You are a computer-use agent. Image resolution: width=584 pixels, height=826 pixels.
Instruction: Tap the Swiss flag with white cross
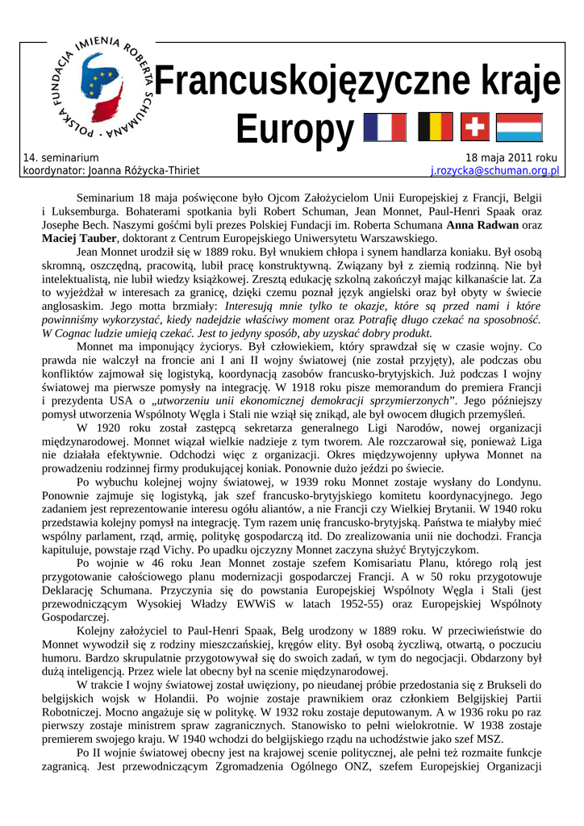475,127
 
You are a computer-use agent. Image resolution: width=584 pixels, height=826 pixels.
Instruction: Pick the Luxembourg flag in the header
519,127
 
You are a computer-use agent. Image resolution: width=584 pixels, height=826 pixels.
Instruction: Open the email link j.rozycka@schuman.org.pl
494,171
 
